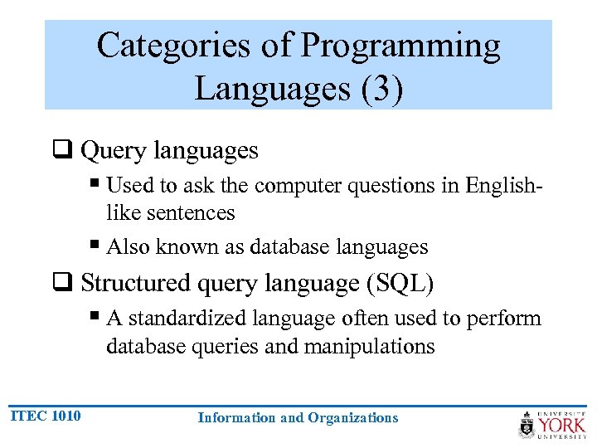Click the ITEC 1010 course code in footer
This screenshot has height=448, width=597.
pos(46,416)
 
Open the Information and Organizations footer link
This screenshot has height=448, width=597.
pos(298,418)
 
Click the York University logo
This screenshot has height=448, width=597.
pos(552,424)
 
